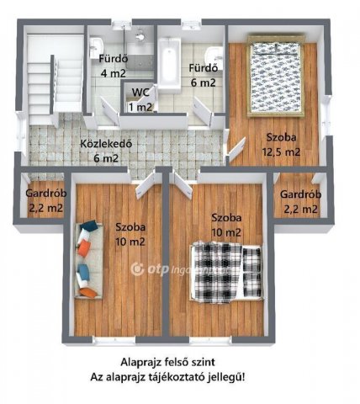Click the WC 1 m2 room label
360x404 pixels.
[140, 99]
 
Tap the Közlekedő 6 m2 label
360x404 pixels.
[106, 151]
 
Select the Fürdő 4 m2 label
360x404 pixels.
[114, 66]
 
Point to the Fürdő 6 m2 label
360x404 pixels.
[204, 75]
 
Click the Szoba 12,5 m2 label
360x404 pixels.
[281, 145]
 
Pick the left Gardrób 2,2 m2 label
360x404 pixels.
[46, 201]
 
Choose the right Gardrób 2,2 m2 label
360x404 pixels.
[300, 202]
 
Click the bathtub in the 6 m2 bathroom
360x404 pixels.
[169, 64]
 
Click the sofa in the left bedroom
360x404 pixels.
[88, 259]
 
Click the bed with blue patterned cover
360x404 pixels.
[276, 76]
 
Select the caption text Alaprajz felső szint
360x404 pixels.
[167, 362]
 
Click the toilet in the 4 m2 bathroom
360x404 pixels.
[140, 35]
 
